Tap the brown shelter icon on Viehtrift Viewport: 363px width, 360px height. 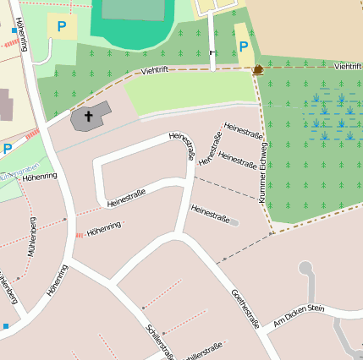click(257, 70)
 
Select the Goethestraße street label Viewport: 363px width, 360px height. click(245, 310)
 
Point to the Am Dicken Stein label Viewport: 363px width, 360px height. click(299, 317)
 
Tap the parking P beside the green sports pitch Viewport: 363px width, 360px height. click(61, 27)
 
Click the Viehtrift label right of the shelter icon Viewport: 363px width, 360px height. click(348, 66)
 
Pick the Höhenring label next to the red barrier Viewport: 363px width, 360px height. click(104, 227)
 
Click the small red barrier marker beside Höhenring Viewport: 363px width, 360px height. click(79, 234)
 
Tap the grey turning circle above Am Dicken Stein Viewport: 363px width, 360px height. click(305, 269)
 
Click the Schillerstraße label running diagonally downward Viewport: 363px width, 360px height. click(159, 341)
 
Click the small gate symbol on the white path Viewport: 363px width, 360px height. click(212, 52)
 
